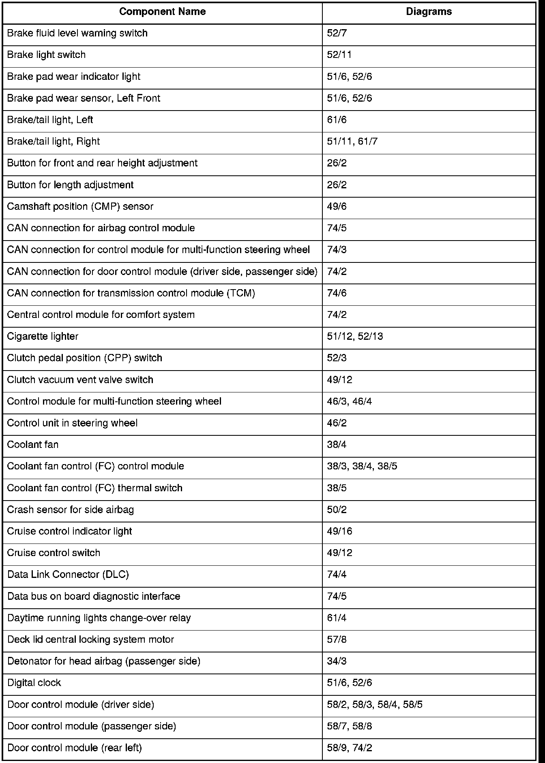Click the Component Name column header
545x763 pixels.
pyautogui.click(x=162, y=12)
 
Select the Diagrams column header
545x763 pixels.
pyautogui.click(x=429, y=12)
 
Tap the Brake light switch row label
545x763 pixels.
pyautogui.click(x=46, y=55)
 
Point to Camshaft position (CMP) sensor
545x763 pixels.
pyautogui.click(x=80, y=207)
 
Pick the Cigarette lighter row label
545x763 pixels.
pyautogui.click(x=43, y=337)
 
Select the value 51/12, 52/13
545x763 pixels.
pyautogui.click(x=355, y=337)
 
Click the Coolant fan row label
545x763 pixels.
pyautogui.click(x=33, y=445)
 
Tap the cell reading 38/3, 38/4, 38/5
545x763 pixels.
pyautogui.click(x=362, y=467)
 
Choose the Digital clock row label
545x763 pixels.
pyautogui.click(x=34, y=683)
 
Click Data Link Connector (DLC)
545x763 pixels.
pyautogui.click(x=68, y=575)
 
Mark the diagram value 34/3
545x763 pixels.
pyautogui.click(x=337, y=661)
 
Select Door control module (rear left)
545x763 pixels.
pyautogui.click(x=75, y=748)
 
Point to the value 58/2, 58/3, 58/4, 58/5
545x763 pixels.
pyautogui.click(x=375, y=705)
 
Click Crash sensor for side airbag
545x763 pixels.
pyautogui.click(x=71, y=510)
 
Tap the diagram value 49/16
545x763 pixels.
pyautogui.click(x=339, y=531)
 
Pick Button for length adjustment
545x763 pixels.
pyautogui.click(x=71, y=185)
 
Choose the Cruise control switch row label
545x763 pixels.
pyautogui.click(x=54, y=553)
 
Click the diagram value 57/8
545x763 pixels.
pyautogui.click(x=337, y=640)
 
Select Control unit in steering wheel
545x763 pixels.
pyautogui.click(x=72, y=423)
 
